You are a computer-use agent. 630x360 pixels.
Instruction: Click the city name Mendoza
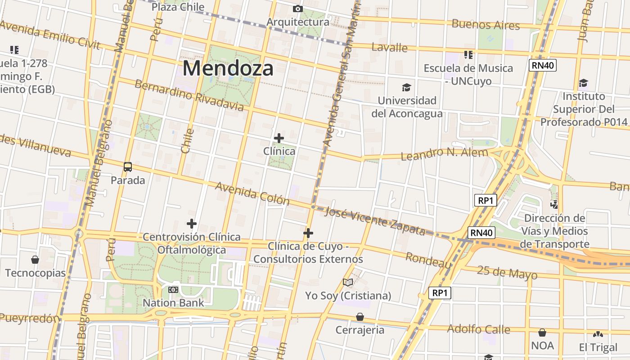228,68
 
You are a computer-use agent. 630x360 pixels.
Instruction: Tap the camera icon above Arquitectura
297,9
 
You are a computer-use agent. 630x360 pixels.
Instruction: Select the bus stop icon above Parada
128,167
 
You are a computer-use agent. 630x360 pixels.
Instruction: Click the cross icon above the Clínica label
279,138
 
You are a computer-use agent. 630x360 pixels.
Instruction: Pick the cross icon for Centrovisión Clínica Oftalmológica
192,223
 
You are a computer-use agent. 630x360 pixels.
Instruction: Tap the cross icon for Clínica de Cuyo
308,233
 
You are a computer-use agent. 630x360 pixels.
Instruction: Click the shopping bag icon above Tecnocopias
35,260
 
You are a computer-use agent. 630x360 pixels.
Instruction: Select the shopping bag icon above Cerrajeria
360,317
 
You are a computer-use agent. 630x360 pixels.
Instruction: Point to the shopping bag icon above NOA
542,333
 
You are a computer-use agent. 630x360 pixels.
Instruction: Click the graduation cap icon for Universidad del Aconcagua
406,87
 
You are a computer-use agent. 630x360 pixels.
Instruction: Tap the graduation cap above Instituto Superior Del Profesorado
583,83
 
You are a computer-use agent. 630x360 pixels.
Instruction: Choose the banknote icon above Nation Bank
173,289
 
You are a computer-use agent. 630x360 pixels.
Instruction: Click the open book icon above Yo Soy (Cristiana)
348,282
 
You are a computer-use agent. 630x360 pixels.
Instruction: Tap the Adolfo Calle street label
478,329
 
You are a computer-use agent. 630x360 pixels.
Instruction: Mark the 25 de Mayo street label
507,272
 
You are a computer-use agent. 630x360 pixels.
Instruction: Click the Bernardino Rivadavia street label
189,95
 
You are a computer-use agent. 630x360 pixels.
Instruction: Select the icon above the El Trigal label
598,334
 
